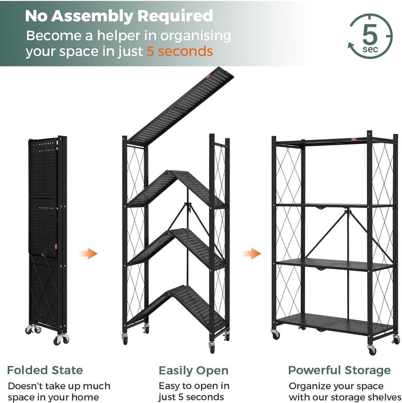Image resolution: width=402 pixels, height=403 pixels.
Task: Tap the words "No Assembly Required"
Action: coord(119,16)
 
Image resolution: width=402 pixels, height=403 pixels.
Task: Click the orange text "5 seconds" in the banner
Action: coord(180,51)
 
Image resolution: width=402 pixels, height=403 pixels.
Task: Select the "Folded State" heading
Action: coord(45,370)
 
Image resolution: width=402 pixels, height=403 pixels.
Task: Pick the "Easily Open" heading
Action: coord(193,371)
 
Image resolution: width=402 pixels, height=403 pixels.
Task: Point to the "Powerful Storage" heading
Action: coord(339,371)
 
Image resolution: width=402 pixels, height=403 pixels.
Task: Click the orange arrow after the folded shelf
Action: coord(88,253)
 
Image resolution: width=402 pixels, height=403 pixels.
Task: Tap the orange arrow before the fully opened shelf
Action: coord(251,253)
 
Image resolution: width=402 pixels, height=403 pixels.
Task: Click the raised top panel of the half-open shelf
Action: coord(181,107)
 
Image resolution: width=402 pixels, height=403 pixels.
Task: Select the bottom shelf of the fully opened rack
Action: coord(334,324)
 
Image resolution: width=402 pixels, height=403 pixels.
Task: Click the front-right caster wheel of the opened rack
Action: coord(372,350)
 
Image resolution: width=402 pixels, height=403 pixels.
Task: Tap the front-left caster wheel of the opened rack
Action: coord(275,334)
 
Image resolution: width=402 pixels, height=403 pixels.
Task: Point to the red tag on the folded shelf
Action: coord(56,247)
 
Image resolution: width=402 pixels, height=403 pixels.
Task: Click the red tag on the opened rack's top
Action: coord(354,139)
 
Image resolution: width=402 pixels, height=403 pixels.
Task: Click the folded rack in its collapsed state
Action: coord(48,240)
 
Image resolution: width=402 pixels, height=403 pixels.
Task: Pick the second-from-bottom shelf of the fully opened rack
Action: coord(334,265)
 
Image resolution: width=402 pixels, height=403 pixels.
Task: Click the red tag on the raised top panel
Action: coord(208,76)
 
